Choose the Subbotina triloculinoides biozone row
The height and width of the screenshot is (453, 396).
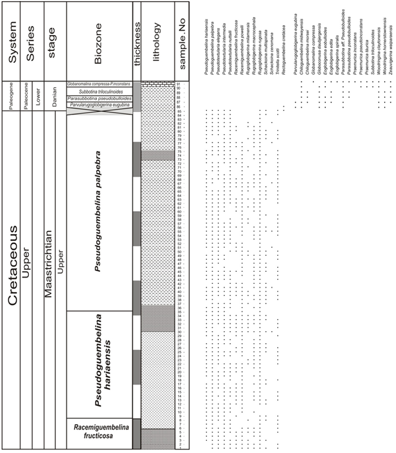99,92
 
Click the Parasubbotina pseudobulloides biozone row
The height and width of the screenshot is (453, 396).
99,98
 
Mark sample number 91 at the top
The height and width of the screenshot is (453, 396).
178,84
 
